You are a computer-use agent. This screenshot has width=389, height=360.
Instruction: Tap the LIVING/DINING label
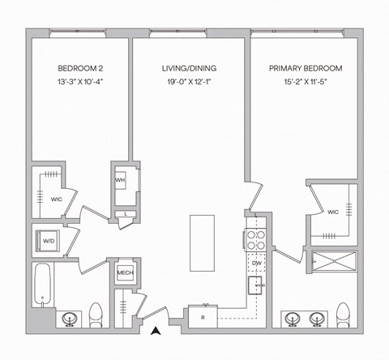tap(190, 68)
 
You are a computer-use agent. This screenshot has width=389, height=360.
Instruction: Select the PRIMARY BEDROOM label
tap(306, 68)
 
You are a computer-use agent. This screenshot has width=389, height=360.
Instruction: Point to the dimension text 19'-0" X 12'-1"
tap(190, 83)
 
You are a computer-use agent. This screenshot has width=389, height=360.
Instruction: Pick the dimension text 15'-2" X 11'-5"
tap(306, 83)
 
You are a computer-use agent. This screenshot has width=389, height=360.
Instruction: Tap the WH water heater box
tap(120, 180)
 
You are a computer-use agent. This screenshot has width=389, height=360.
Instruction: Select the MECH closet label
tap(125, 273)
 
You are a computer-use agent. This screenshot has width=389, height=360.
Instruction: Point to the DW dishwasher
tap(256, 264)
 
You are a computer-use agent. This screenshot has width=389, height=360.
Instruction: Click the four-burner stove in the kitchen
tap(256, 240)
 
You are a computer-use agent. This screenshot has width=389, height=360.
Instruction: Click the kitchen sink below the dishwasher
tap(256, 286)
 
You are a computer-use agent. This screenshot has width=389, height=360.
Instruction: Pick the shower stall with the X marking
tap(334, 260)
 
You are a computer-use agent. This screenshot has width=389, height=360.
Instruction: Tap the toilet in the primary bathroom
tap(343, 314)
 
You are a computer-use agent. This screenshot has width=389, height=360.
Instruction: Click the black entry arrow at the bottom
tap(156, 329)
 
